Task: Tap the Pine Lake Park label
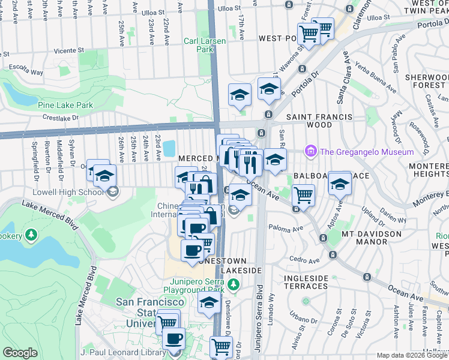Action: point(65,105)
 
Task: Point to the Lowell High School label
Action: point(76,192)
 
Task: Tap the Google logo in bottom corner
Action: point(20,353)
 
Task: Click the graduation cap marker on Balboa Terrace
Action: point(340,184)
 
